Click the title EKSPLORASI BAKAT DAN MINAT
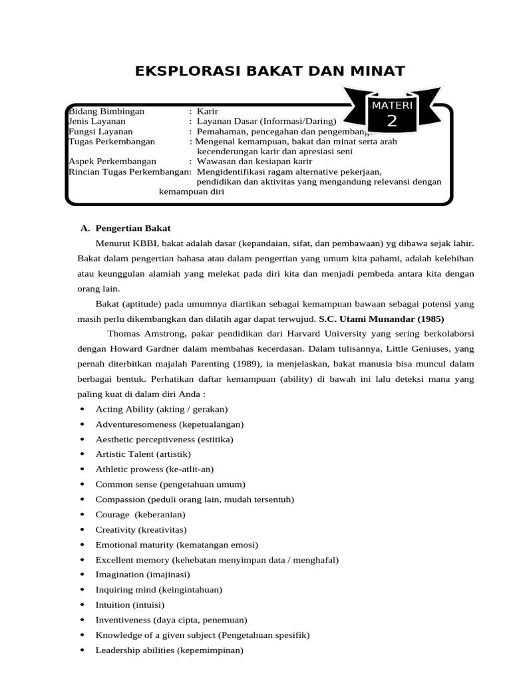coord(270,71)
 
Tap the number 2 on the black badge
coord(391,121)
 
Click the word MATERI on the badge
coord(393,106)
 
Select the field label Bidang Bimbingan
coord(106,111)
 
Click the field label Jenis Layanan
coord(97,121)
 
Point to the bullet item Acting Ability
coord(162,409)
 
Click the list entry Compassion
coord(194,499)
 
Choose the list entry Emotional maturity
coord(176,545)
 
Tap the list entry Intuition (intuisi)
coord(130,605)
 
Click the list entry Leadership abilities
coord(169,650)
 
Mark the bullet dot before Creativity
coord(81,530)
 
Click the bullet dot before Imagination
coord(81,575)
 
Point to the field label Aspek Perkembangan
coord(112,162)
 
